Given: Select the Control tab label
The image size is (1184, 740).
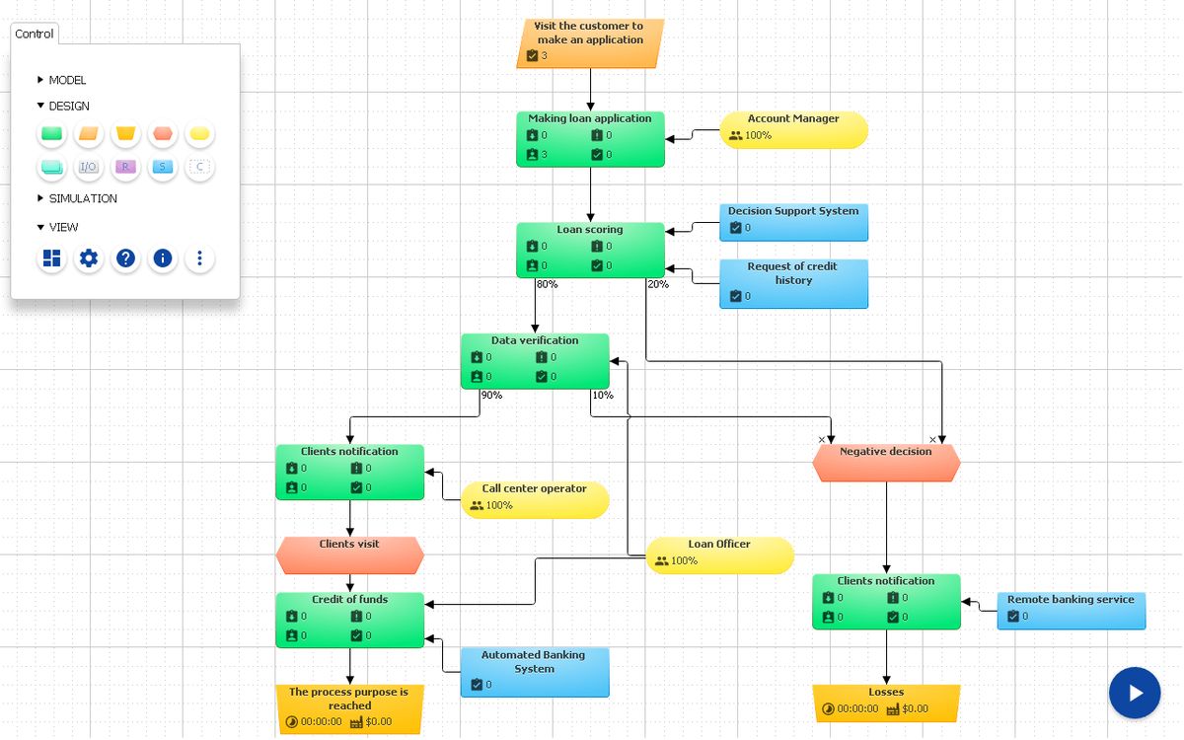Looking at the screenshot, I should point(35,34).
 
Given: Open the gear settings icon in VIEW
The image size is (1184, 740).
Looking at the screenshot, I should point(89,259).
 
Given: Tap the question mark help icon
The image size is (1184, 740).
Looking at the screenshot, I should point(125,259).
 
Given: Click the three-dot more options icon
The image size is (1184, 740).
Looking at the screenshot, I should point(199,259).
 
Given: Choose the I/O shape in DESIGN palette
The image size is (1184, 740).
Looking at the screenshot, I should point(89,167).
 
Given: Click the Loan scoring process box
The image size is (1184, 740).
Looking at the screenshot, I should point(590,250).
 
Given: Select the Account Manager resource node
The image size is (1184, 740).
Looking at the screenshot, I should point(793,129).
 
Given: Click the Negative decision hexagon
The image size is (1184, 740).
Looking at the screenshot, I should point(886,463).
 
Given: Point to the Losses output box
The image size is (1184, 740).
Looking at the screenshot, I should point(886,702).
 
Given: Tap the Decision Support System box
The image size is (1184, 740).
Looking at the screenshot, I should point(793,222).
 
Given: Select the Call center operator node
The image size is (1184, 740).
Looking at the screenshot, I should point(534,499).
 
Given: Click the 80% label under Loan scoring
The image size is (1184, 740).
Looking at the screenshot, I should point(547,285).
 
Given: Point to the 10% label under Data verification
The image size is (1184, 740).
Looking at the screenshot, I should point(602,396).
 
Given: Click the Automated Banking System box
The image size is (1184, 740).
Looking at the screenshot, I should point(534,672).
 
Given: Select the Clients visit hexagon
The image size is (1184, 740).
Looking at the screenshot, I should point(349,555).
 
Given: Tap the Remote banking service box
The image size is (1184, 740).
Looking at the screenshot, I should point(1071,611).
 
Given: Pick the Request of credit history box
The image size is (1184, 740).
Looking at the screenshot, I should point(793,284).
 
